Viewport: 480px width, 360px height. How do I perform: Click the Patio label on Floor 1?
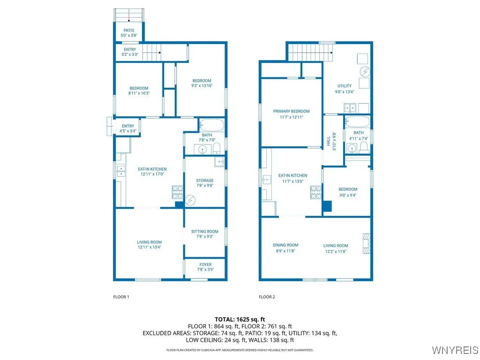128,30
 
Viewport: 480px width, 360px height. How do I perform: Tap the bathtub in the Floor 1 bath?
211,125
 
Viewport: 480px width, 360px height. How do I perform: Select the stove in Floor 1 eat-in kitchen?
178,192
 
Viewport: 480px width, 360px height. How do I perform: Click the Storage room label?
205,180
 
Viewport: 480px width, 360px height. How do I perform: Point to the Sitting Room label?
205,232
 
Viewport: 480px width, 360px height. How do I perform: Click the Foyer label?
205,264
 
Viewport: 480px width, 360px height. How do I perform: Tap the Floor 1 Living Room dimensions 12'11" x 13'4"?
150,247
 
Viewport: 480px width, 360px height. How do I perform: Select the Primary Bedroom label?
291,111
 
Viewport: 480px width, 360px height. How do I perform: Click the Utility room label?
345,86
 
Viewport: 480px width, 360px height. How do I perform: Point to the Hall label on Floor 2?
329,140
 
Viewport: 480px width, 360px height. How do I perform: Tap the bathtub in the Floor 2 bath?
358,122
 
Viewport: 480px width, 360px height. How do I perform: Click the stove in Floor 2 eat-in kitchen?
315,192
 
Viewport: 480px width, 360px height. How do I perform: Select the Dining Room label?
285,245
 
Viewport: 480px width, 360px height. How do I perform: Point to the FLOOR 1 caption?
121,297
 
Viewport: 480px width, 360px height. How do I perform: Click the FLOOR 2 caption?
267,297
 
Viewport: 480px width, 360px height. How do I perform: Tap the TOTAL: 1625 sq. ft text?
240,319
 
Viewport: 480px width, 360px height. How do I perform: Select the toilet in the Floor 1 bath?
217,150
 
